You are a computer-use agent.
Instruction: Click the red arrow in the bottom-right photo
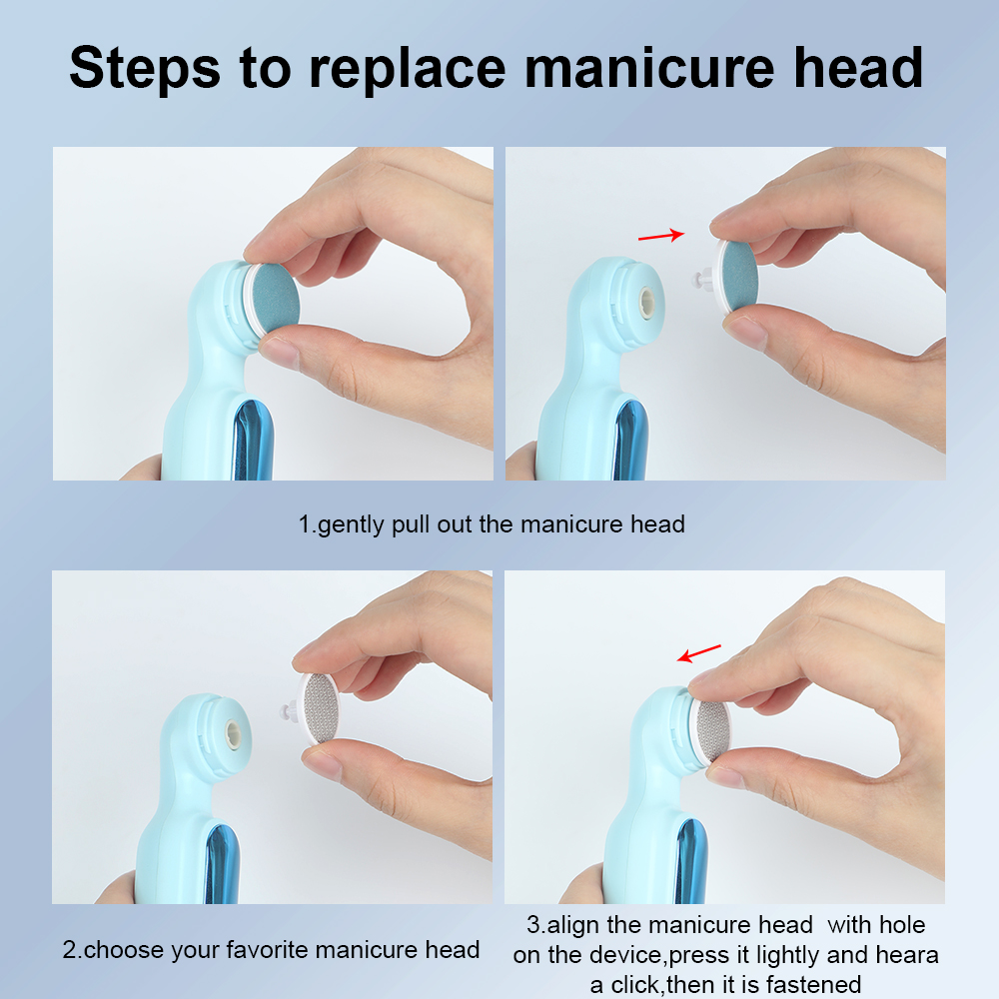pos(699,652)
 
